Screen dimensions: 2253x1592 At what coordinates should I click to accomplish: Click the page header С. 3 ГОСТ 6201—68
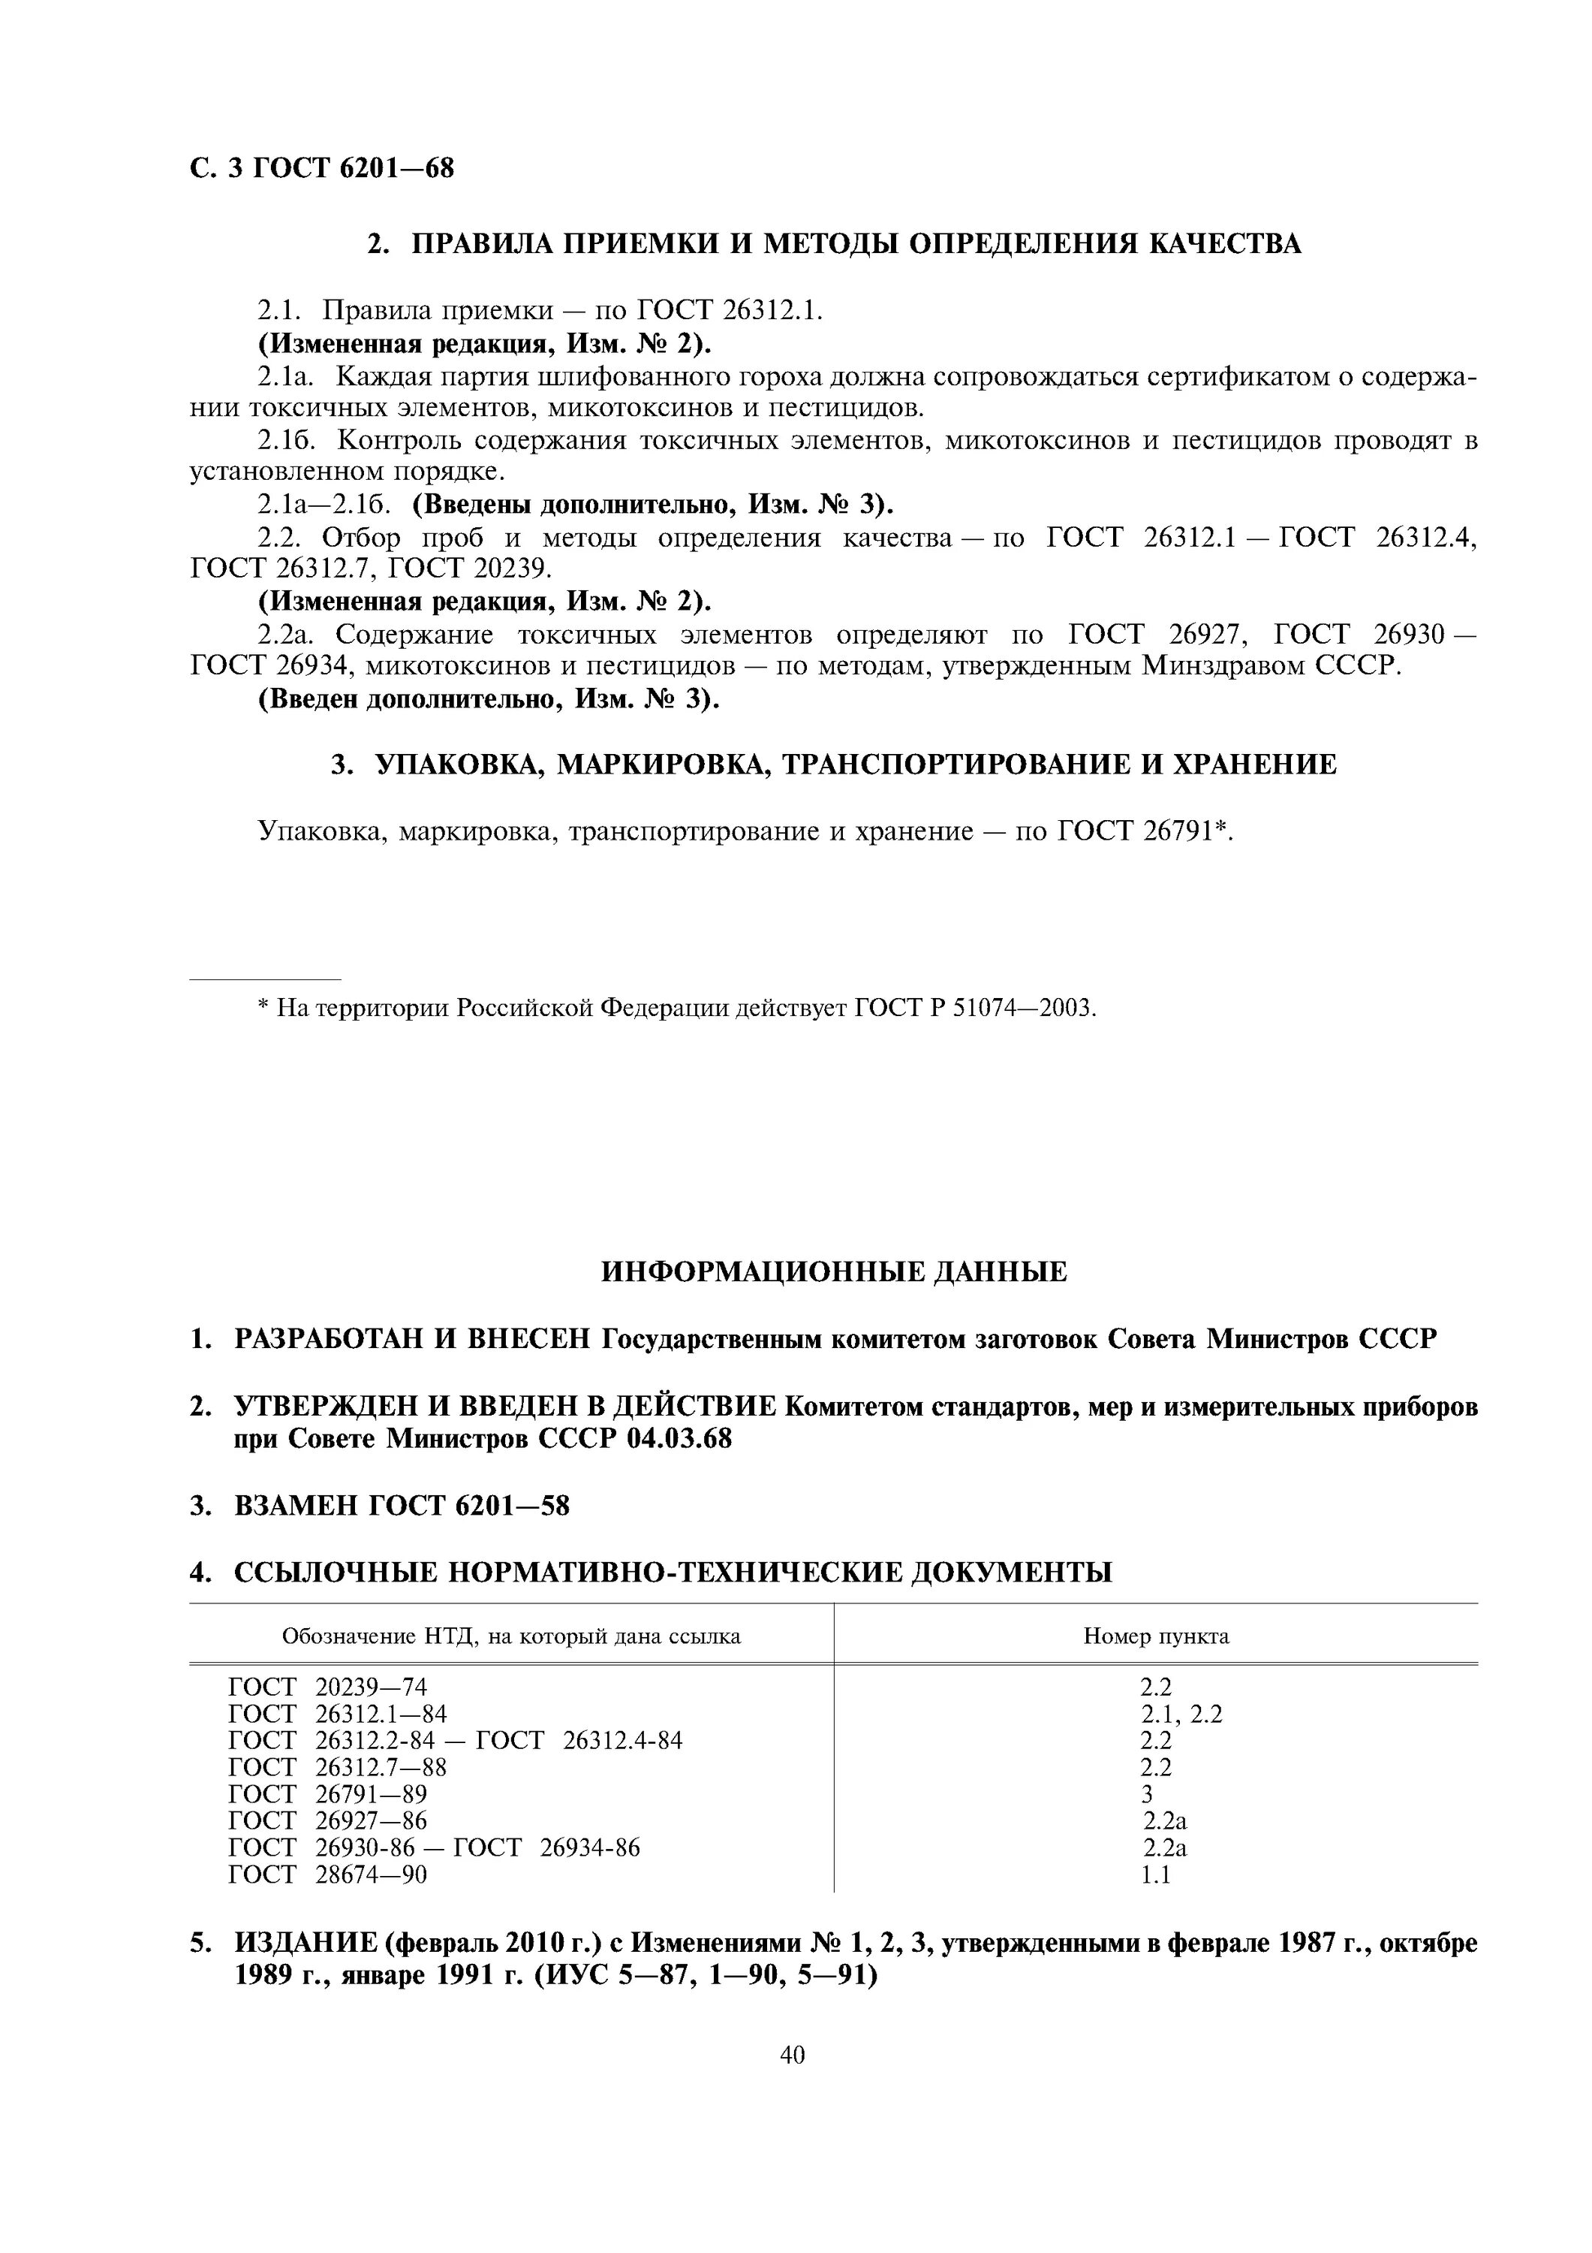(322, 169)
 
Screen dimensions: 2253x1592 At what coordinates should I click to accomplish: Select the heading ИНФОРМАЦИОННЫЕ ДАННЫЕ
(833, 1273)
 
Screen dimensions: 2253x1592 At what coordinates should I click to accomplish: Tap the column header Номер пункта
(1155, 1636)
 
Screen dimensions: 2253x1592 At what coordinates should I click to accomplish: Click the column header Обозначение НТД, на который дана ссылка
(511, 1636)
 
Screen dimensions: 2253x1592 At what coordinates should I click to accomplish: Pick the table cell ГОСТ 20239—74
(327, 1687)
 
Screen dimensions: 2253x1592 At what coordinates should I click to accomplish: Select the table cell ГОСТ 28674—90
(327, 1874)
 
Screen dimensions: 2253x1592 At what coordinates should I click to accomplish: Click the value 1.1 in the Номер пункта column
(1155, 1874)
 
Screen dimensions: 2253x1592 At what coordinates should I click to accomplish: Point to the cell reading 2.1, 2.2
(1181, 1713)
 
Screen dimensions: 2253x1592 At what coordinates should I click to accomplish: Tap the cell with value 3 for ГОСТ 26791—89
(1147, 1794)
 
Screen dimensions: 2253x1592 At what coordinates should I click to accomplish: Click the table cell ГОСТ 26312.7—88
(338, 1767)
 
